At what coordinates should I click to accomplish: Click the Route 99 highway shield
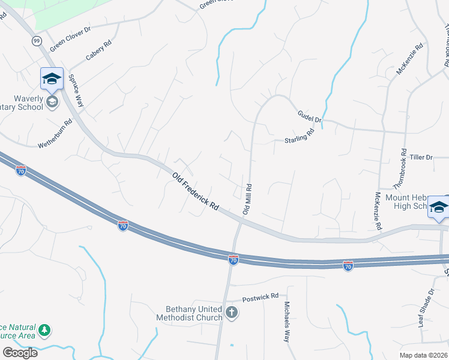coord(37,41)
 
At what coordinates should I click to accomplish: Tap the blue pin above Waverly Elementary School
coord(52,79)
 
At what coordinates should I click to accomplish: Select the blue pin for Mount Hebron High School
coord(438,207)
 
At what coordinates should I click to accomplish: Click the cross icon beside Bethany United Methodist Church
coord(232,313)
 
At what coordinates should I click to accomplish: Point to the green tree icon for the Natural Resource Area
coord(44,330)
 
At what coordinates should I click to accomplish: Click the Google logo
coord(20,353)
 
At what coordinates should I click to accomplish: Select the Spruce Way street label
coord(76,91)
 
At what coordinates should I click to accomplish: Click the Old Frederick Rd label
coord(195,191)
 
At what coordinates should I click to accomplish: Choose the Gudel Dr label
coord(310,116)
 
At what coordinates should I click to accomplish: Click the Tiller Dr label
coord(421,157)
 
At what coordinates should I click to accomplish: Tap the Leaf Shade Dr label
coord(426,308)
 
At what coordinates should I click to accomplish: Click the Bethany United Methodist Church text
coord(188,313)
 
